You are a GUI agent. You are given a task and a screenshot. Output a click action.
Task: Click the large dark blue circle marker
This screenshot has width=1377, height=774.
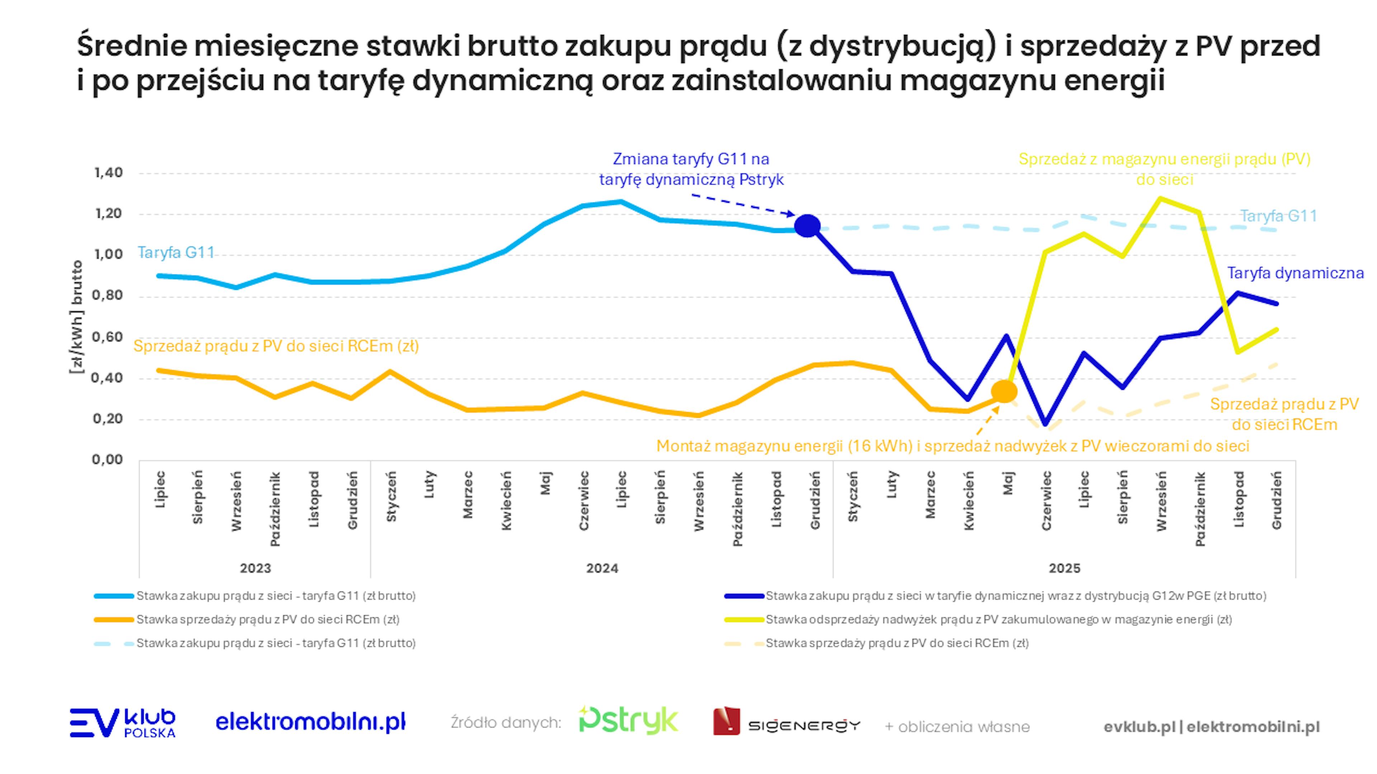pyautogui.click(x=807, y=226)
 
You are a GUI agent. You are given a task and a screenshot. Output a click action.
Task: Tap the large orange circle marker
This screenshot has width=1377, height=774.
pyautogui.click(x=1004, y=392)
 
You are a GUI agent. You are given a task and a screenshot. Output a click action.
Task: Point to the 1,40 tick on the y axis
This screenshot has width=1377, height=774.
pyautogui.click(x=109, y=172)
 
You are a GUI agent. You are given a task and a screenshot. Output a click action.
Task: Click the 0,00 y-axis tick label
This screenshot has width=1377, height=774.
pyautogui.click(x=108, y=459)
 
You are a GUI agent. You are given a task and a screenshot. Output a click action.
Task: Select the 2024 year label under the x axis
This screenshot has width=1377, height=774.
pyautogui.click(x=602, y=568)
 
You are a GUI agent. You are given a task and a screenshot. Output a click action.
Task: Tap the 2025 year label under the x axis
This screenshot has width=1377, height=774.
pyautogui.click(x=1064, y=568)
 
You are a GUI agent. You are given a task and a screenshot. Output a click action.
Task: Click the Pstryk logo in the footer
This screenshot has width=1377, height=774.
pyautogui.click(x=629, y=721)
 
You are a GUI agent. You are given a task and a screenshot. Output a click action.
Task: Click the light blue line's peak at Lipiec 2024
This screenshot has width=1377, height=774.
pyautogui.click(x=621, y=202)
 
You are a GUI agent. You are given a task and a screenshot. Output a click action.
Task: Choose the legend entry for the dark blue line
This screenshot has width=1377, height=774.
pyautogui.click(x=1016, y=596)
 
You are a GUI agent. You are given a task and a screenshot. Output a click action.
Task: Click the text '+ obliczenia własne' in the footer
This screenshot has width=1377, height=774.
pyautogui.click(x=957, y=727)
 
